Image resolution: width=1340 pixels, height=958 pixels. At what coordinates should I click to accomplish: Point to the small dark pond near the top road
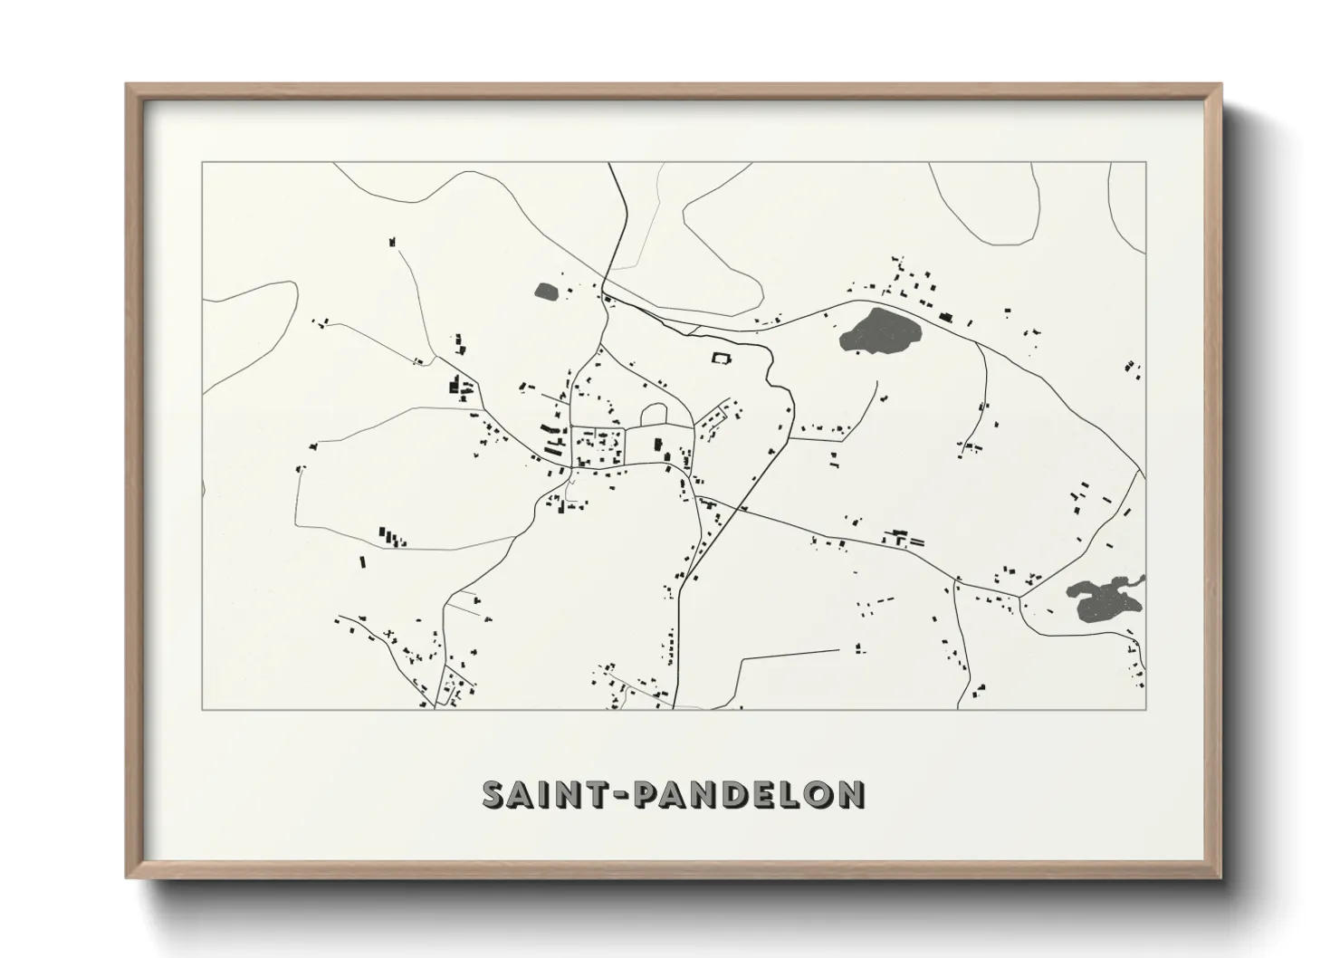tap(546, 292)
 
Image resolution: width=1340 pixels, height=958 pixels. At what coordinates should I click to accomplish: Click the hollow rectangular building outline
tap(722, 358)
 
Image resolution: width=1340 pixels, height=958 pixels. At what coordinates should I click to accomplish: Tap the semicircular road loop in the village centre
tap(655, 414)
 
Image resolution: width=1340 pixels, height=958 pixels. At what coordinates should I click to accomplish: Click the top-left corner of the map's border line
tap(203, 163)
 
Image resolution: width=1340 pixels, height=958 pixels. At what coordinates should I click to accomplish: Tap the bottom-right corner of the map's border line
tap(1145, 709)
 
